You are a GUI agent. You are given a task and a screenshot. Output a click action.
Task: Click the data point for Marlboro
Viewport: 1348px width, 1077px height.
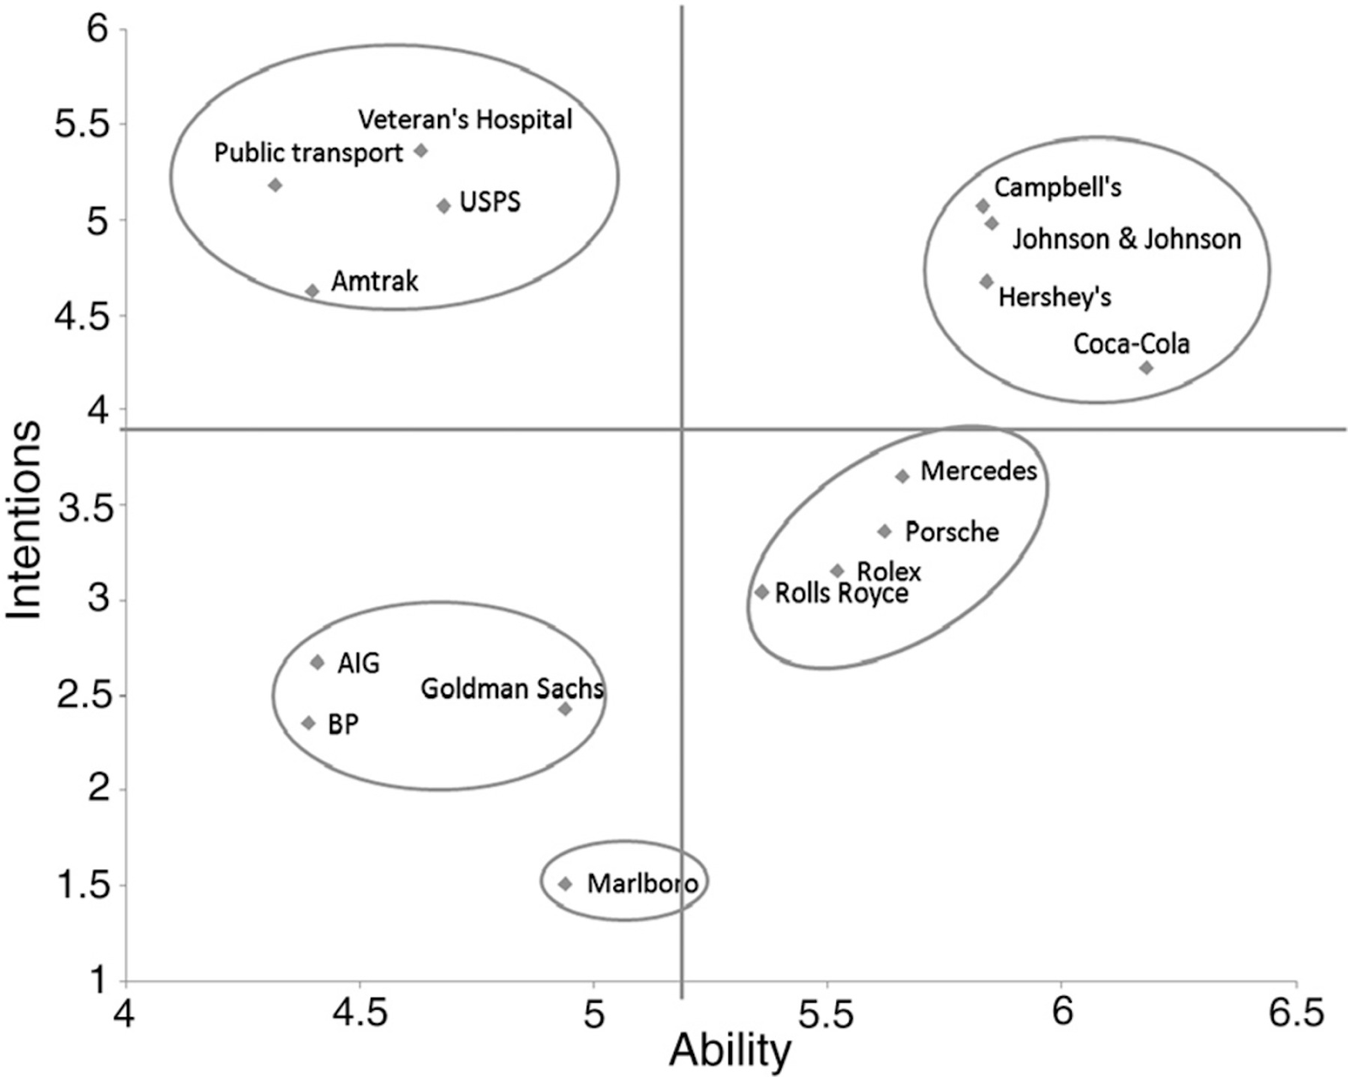pos(565,883)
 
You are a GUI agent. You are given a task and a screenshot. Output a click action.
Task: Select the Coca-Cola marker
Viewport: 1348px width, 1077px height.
pos(1146,367)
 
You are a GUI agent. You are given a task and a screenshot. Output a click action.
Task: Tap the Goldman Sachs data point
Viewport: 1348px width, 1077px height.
pos(565,709)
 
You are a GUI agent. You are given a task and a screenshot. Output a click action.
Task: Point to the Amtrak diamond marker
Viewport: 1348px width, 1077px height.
pos(312,291)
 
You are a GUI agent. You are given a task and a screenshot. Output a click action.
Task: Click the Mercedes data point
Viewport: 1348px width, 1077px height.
pos(902,476)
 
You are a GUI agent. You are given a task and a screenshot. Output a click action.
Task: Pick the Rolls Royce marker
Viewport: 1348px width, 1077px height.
pos(762,592)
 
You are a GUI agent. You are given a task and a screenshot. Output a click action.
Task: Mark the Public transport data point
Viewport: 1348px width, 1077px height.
pos(275,184)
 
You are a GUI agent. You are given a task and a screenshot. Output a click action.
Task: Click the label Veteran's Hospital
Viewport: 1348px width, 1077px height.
pos(465,120)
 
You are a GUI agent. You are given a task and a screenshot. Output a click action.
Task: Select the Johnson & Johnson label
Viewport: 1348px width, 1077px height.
pos(1126,239)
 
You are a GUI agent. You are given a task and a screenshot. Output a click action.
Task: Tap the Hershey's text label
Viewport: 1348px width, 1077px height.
pos(1055,296)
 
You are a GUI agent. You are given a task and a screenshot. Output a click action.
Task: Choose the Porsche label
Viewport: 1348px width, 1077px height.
pos(952,532)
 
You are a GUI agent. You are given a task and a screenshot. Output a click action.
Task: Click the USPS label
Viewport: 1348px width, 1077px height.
pos(490,202)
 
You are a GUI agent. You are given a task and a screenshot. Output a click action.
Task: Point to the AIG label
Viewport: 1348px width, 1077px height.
pos(359,664)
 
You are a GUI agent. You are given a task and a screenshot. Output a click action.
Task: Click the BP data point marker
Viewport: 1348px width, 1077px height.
pos(308,722)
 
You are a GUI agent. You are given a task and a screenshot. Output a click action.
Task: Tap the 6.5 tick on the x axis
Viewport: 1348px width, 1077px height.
pos(1296,1014)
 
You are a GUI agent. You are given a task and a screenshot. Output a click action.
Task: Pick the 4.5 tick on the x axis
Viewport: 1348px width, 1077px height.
pos(360,1014)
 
